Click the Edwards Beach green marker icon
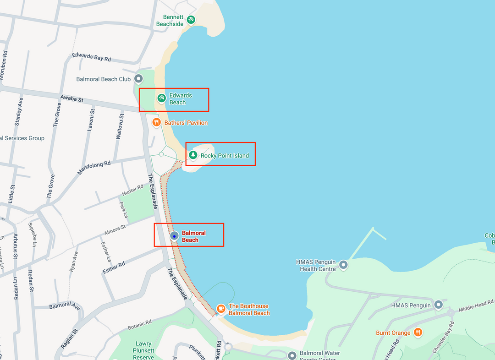[161, 98]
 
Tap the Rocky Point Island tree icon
[193, 155]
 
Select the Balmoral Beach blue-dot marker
[174, 235]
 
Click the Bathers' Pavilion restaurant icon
[156, 122]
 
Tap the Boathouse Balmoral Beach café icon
[221, 309]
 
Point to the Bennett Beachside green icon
[191, 20]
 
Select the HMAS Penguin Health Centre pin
[343, 265]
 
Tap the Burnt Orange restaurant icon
[418, 333]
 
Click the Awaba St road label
[71, 98]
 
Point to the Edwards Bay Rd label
[91, 57]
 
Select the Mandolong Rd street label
[94, 168]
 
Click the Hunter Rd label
[133, 190]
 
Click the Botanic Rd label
[139, 325]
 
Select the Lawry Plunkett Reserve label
[143, 350]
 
